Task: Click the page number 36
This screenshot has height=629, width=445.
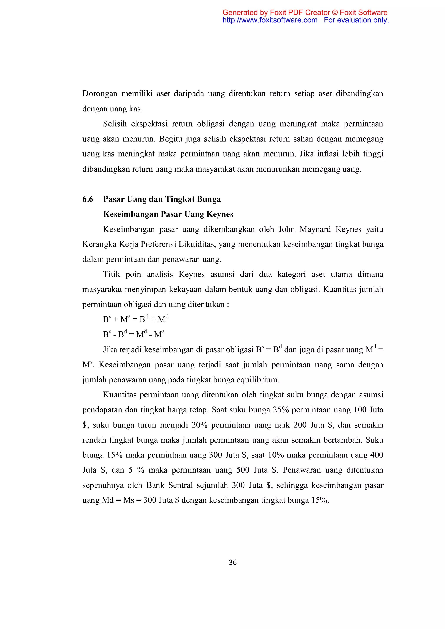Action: click(x=233, y=562)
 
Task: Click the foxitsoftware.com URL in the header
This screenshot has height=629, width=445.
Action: click(x=270, y=20)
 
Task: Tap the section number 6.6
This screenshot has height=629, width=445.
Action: click(x=88, y=199)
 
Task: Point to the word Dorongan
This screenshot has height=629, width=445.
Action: click(x=100, y=94)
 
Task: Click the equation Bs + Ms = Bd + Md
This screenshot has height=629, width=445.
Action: click(x=136, y=319)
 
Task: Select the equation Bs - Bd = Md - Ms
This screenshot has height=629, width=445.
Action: click(x=134, y=334)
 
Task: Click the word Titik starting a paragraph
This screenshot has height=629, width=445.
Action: click(x=111, y=275)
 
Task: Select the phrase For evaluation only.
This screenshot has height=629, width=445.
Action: click(x=356, y=20)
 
